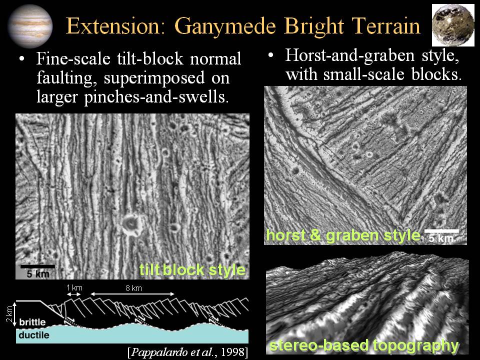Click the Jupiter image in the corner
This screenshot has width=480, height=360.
(x=29, y=26)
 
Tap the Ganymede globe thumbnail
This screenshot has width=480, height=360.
(x=452, y=25)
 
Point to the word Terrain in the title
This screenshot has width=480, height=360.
(x=385, y=25)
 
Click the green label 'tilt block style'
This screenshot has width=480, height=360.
(x=192, y=269)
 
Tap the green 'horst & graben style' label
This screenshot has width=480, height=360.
(x=343, y=235)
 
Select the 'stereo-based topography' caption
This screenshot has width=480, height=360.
(x=364, y=345)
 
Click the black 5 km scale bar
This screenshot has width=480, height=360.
(x=37, y=266)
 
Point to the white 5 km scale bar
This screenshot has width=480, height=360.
(x=441, y=231)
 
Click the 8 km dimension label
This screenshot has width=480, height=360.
(x=134, y=288)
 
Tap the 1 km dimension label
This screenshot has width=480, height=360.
(x=74, y=288)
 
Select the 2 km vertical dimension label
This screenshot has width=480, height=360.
(x=10, y=314)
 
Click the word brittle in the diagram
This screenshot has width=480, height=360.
(x=32, y=322)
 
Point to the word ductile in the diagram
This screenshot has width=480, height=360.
(x=33, y=335)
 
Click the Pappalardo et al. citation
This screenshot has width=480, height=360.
(x=188, y=352)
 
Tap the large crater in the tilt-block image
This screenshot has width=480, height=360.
(x=132, y=224)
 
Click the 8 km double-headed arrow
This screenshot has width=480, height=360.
(x=132, y=294)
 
